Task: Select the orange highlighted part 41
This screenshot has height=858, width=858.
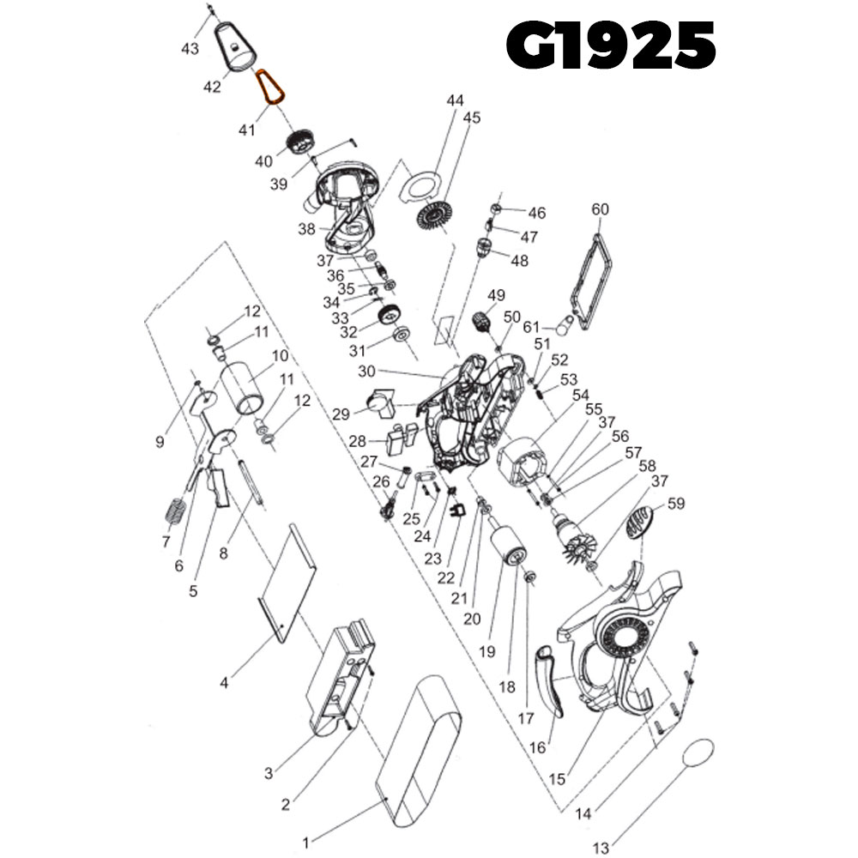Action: click(271, 88)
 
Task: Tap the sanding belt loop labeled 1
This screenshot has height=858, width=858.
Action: click(419, 753)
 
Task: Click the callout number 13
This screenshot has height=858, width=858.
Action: click(601, 849)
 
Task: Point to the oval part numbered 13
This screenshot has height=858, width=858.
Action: click(699, 752)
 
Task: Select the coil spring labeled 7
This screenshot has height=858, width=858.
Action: click(174, 512)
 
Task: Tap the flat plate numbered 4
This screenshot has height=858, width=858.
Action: click(288, 583)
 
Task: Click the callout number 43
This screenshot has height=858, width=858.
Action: click(190, 49)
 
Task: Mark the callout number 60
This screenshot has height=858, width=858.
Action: click(601, 210)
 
